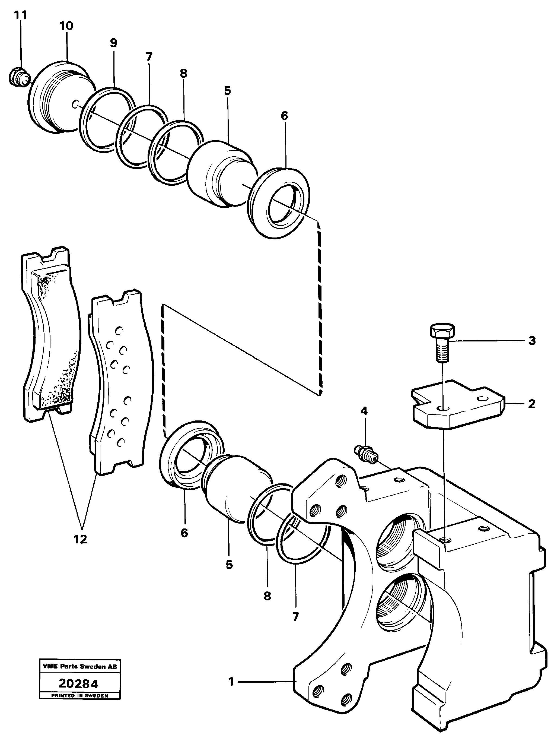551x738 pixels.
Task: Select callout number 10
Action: tap(66, 26)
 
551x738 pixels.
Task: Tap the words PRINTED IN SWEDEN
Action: tap(79, 695)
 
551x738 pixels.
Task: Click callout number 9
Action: tap(114, 43)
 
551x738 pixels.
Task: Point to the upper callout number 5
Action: tap(227, 90)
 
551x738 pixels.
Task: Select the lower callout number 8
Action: tap(267, 596)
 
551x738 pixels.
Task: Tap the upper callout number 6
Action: tap(284, 116)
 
